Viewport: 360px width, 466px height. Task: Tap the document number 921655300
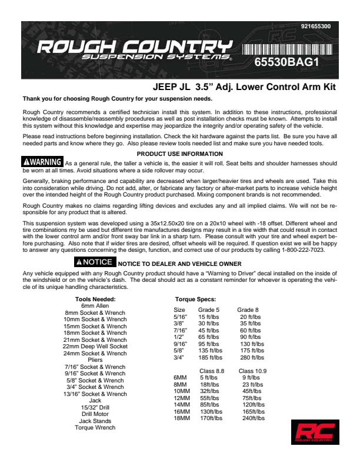(315, 26)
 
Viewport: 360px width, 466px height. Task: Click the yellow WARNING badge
(42, 162)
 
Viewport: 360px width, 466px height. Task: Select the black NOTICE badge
(94, 262)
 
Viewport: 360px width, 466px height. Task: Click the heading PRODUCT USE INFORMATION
(180, 154)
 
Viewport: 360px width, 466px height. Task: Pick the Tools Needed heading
(95, 299)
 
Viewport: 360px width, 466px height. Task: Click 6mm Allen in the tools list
(95, 306)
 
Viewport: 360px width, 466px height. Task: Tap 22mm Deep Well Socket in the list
(95, 347)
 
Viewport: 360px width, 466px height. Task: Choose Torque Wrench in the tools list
(95, 428)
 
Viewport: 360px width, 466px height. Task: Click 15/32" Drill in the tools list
(95, 407)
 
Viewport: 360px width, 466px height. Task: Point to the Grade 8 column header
(248, 309)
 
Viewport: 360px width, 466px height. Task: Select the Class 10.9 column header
(252, 371)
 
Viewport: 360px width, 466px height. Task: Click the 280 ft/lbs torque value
(249, 357)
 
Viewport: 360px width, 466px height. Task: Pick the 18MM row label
(181, 418)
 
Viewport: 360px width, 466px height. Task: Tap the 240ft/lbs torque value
(254, 418)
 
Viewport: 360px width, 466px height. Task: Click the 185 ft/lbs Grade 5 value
(210, 357)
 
